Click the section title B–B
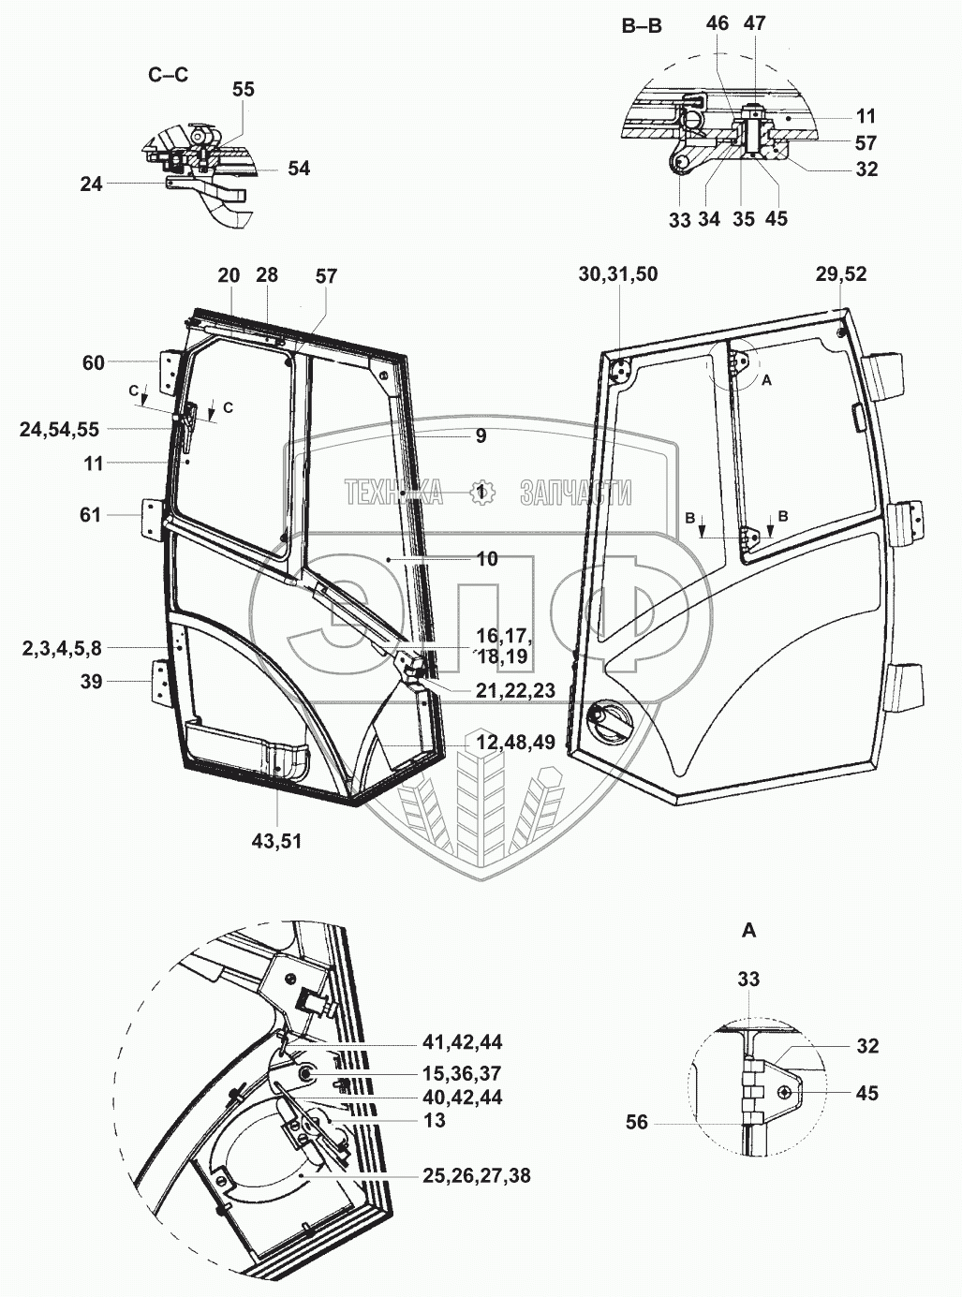coord(642,26)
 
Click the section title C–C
coord(169,75)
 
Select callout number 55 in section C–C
coord(244,90)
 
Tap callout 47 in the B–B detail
coord(754,23)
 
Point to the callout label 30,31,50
coord(618,274)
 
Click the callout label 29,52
coord(841,274)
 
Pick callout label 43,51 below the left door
coord(276,840)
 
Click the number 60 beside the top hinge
coord(94,362)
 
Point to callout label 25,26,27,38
coord(468,1174)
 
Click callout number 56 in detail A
coord(637,1121)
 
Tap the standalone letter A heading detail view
coord(748,930)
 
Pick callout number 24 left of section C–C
coord(91,184)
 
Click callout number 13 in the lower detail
coord(434,1120)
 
